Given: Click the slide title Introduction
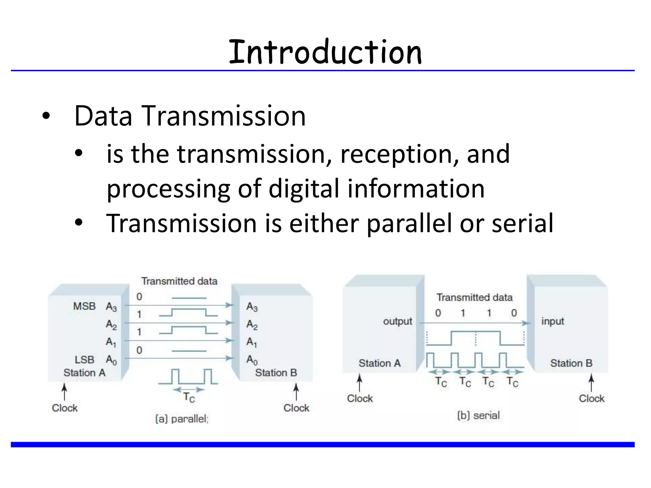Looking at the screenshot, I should point(325,52).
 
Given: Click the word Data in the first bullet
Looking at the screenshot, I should point(103,116).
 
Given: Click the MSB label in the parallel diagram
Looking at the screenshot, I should point(84,306).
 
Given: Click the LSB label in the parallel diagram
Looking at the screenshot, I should point(85,360).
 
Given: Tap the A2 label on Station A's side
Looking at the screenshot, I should point(111,325).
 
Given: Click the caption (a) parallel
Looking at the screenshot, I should point(182,419).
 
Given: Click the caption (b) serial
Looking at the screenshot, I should point(478,415).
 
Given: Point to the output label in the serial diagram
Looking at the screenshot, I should point(397,321).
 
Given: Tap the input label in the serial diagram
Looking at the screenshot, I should point(553,321).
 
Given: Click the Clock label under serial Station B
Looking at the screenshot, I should point(591,398).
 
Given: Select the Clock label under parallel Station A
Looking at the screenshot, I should point(65,408).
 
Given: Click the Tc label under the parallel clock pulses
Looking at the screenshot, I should point(189,397).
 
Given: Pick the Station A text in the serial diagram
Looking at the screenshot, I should point(380,363).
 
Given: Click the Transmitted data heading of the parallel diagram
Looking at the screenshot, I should point(179,281).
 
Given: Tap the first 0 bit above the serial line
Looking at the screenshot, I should point(438,313).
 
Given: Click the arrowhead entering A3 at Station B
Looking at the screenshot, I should point(230,305).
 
